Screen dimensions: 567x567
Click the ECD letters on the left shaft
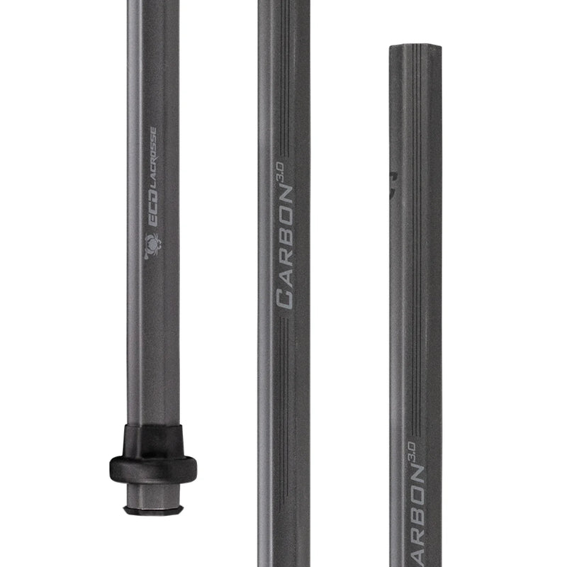(x=152, y=216)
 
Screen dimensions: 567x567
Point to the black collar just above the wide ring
(x=152, y=439)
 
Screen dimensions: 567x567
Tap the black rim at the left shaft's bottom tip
(x=153, y=510)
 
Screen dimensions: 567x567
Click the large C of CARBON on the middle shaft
(x=284, y=296)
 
